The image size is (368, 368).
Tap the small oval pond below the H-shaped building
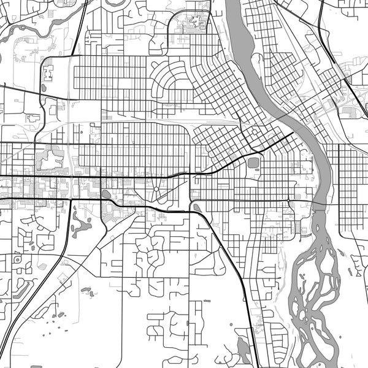pos(43,88)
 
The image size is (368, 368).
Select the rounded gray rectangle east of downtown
pos(253,163)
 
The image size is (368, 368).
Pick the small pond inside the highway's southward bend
pos(196,207)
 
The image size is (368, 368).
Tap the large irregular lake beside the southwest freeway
pos(80,224)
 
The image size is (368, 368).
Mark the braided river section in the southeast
pos(316,288)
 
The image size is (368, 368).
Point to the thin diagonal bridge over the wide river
pos(288,117)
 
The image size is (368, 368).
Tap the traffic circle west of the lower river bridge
pos(289,201)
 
